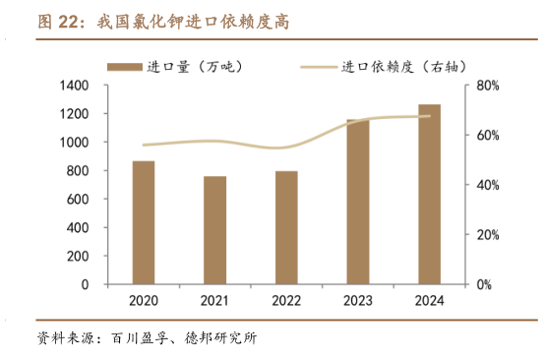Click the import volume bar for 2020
pyautogui.click(x=144, y=222)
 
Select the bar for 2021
pyautogui.click(x=215, y=230)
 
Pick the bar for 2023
pyautogui.click(x=358, y=202)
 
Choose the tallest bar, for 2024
pyautogui.click(x=429, y=194)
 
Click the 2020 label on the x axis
pyautogui.click(x=144, y=301)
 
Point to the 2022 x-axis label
pyautogui.click(x=286, y=301)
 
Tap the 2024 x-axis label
pyautogui.click(x=429, y=301)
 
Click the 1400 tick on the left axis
pyautogui.click(x=74, y=86)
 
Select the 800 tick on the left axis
pyautogui.click(x=78, y=171)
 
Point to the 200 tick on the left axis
pyautogui.click(x=78, y=256)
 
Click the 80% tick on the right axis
pyautogui.click(x=489, y=86)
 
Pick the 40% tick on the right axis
pyautogui.click(x=489, y=185)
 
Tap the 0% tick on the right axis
pyautogui.click(x=485, y=284)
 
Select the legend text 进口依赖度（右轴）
pyautogui.click(x=398, y=67)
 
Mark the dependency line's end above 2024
pyautogui.click(x=430, y=116)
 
